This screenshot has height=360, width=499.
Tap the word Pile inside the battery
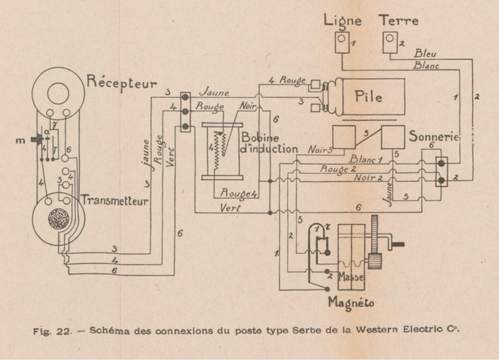[368, 97]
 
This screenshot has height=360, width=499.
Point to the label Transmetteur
[115, 201]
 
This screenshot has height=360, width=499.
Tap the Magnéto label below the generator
[351, 303]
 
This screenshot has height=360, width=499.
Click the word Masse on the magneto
[351, 278]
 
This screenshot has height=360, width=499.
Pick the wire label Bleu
[425, 54]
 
